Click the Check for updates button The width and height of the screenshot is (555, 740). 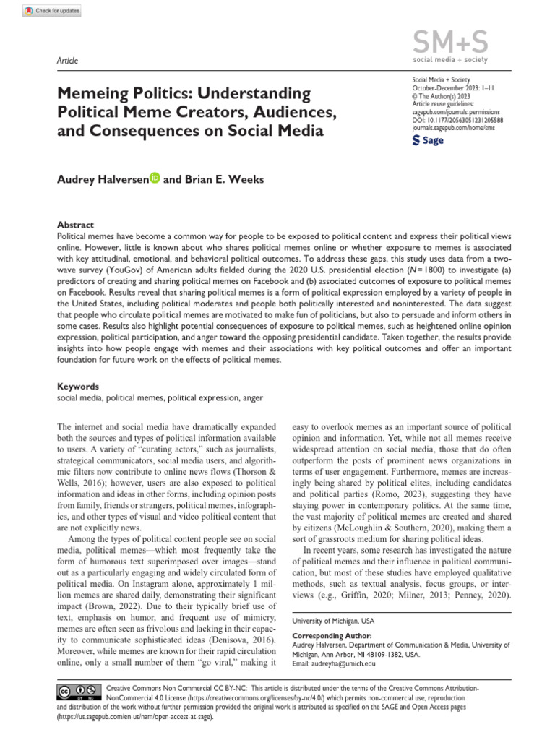tap(52, 12)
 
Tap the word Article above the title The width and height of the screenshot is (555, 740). tap(67, 61)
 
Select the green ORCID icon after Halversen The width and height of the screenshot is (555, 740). tap(155, 179)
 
